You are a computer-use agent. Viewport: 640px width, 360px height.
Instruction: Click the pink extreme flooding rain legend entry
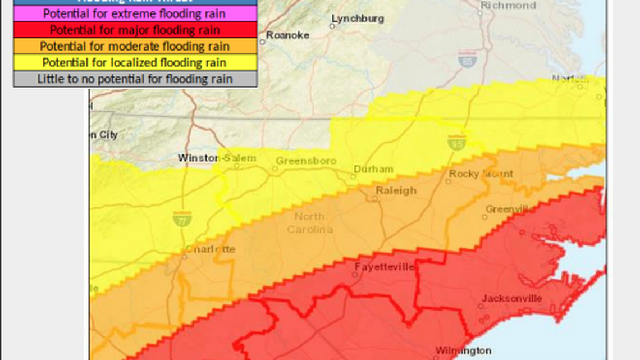point(135,13)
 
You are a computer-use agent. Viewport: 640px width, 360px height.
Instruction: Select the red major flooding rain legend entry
point(135,30)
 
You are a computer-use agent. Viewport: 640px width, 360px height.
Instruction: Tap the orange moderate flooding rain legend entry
point(135,46)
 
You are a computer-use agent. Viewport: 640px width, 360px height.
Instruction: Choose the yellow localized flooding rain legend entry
point(135,62)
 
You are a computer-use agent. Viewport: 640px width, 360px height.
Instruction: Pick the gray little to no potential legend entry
point(135,79)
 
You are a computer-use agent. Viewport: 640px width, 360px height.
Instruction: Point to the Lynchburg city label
point(358,19)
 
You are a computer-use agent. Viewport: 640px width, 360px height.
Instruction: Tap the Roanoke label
point(287,35)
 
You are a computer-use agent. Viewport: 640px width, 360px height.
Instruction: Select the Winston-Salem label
point(217,158)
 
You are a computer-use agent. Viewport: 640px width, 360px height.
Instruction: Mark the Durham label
point(373,169)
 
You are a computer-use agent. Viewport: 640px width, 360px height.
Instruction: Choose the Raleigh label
point(396,191)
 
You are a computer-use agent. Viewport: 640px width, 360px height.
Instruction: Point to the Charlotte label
point(210,249)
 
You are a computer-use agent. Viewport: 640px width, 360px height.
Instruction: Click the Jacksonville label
point(512,298)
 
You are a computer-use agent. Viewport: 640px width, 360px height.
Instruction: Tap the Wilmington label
point(463,350)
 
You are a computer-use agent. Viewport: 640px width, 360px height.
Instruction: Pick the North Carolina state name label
point(309,223)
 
